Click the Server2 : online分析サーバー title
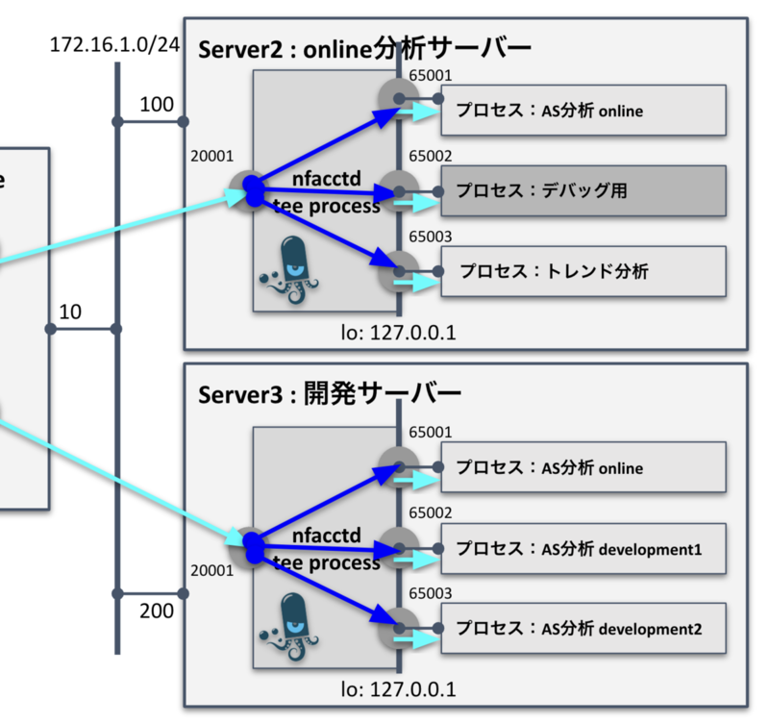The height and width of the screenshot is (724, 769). click(364, 49)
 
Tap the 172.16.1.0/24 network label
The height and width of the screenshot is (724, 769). click(114, 45)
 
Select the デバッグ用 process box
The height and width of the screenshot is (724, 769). click(583, 190)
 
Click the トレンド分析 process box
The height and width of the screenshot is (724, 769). click(583, 271)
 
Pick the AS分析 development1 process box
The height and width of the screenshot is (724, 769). click(583, 549)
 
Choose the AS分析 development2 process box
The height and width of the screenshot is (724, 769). click(583, 630)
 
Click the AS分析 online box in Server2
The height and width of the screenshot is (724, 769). click(583, 112)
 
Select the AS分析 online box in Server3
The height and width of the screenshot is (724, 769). click(583, 468)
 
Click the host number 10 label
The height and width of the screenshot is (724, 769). click(69, 312)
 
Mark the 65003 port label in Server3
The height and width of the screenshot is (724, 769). click(430, 594)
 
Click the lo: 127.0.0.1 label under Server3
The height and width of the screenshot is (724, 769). click(398, 689)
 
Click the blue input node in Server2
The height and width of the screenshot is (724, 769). click(252, 189)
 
